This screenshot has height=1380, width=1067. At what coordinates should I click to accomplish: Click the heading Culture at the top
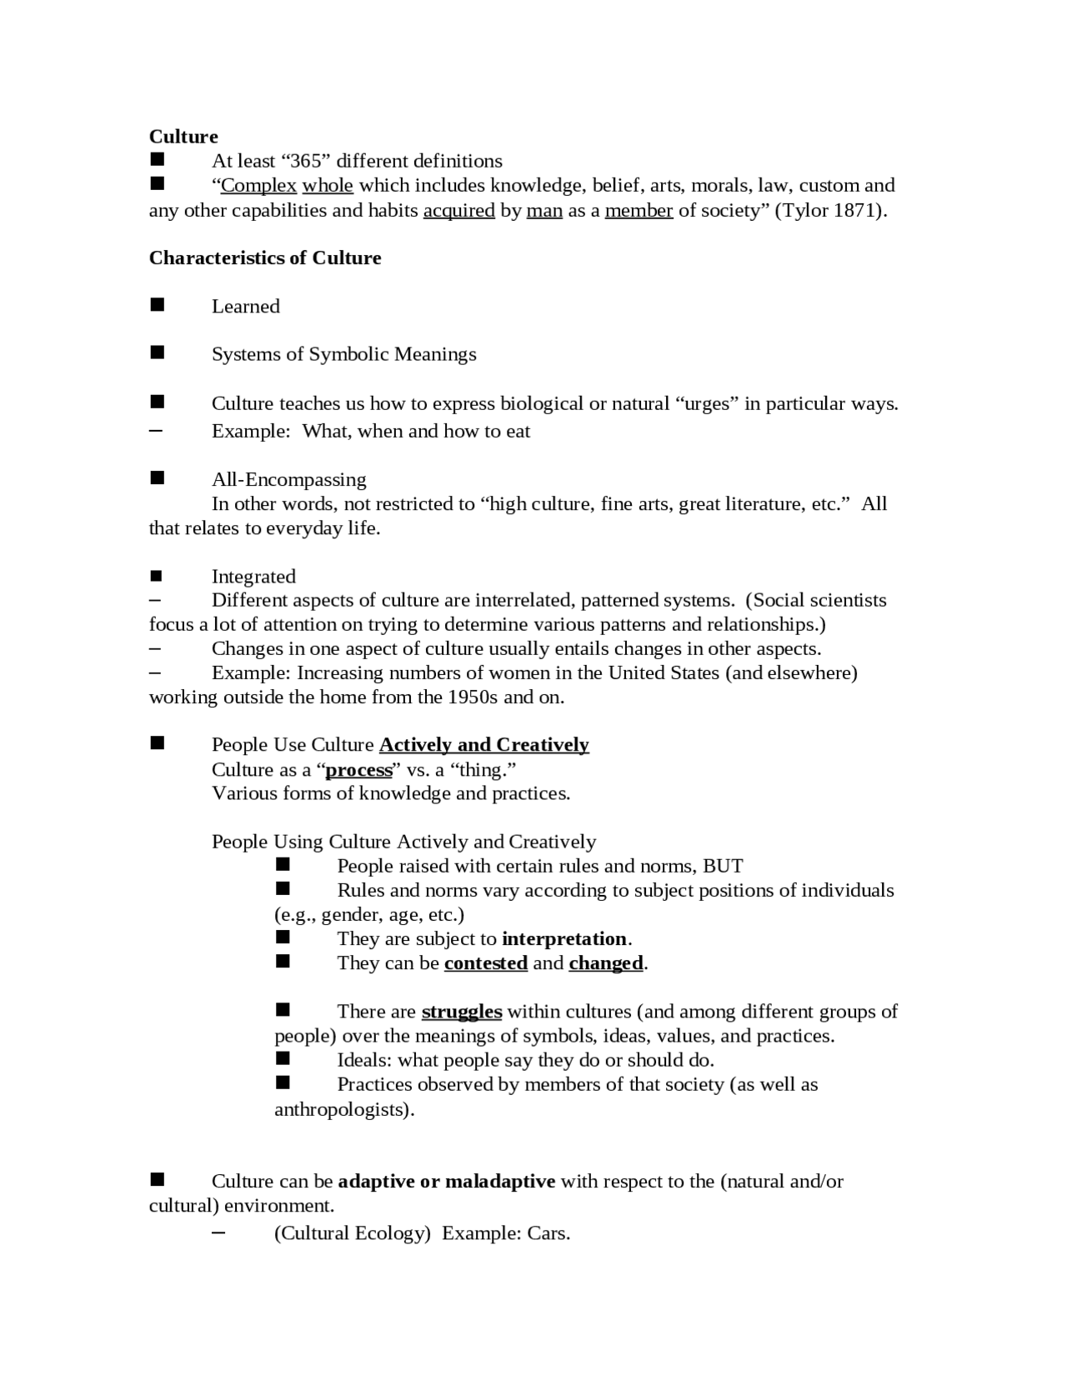[183, 137]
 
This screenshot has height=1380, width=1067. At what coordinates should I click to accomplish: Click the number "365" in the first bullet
[305, 161]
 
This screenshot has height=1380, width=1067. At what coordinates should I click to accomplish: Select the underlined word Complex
[258, 185]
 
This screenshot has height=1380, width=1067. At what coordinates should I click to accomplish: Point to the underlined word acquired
[458, 210]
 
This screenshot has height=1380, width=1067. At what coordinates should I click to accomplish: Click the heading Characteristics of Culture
[265, 258]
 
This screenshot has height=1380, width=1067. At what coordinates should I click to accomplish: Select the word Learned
[246, 307]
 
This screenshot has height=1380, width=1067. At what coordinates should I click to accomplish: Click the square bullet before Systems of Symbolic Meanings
[157, 353]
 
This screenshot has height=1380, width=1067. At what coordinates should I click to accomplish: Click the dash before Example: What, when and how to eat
[156, 431]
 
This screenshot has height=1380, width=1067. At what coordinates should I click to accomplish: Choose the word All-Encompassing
[288, 480]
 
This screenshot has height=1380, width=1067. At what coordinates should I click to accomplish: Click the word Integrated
[253, 577]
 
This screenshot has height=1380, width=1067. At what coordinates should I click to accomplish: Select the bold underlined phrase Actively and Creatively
[483, 745]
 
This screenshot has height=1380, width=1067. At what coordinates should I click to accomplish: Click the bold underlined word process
[358, 770]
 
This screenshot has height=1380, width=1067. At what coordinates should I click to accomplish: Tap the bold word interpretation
[564, 939]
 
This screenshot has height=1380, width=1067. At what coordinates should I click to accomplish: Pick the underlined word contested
[486, 963]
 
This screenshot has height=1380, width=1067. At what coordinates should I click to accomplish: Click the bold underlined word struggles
[461, 1012]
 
